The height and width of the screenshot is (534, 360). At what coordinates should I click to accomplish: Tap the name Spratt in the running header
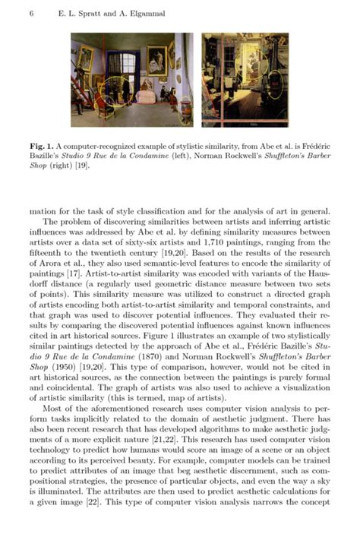(x=81, y=14)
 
